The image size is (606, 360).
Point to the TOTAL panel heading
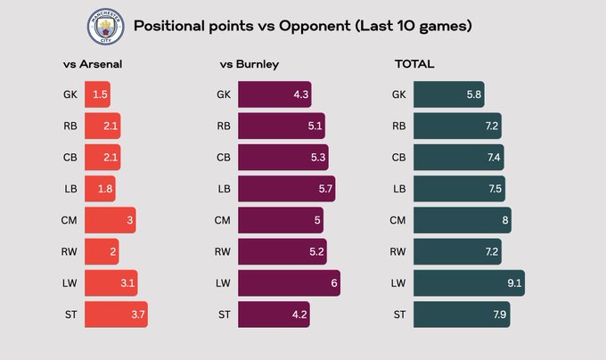click(414, 64)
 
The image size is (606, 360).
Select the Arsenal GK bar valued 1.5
click(98, 94)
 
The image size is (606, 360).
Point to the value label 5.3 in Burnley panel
click(316, 158)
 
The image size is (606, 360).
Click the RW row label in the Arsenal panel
click(70, 251)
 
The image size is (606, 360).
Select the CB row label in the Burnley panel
click(224, 158)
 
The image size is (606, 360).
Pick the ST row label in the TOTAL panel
click(399, 314)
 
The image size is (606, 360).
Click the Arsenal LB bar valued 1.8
click(101, 189)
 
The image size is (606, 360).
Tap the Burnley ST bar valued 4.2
click(274, 314)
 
